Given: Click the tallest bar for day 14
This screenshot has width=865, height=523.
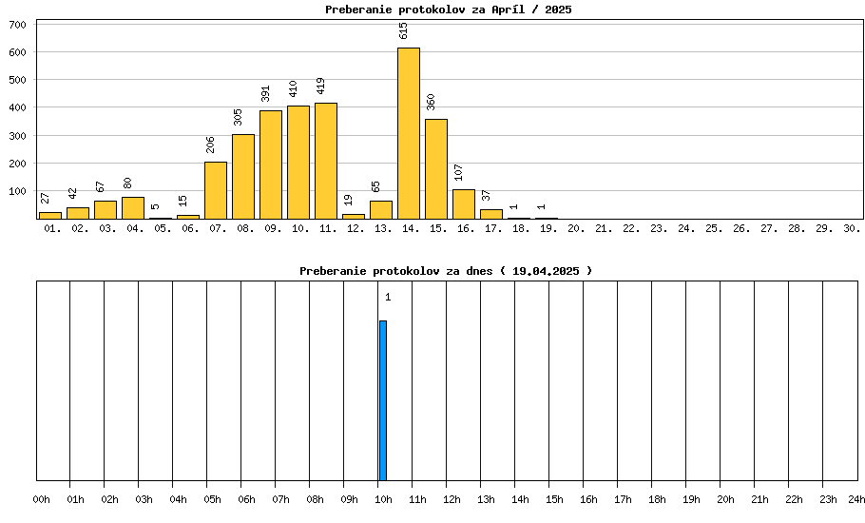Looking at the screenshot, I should click(x=409, y=133).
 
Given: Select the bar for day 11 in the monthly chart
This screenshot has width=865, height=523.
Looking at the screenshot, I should click(x=326, y=161).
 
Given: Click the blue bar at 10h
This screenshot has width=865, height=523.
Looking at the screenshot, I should click(x=383, y=400).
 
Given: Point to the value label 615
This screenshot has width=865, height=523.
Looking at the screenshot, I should click(x=403, y=30).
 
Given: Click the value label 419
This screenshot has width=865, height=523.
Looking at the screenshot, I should click(x=320, y=86).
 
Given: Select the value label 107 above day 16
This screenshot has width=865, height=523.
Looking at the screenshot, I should click(x=458, y=172).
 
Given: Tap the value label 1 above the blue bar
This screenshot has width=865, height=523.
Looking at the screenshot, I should click(x=388, y=298).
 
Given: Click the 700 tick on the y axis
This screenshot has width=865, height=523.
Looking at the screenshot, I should click(x=18, y=25).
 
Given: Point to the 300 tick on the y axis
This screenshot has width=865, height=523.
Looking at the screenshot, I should click(x=18, y=136).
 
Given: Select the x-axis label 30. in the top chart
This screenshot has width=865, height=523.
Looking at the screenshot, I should click(x=852, y=229).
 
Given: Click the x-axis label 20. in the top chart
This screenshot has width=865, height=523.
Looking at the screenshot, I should click(x=576, y=229).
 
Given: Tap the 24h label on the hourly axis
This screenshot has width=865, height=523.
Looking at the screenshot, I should click(x=856, y=499).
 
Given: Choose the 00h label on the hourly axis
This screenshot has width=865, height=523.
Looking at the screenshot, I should click(x=42, y=499).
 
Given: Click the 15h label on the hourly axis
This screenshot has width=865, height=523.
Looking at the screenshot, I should click(x=554, y=499).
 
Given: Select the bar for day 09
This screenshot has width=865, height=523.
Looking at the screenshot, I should click(x=271, y=165).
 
